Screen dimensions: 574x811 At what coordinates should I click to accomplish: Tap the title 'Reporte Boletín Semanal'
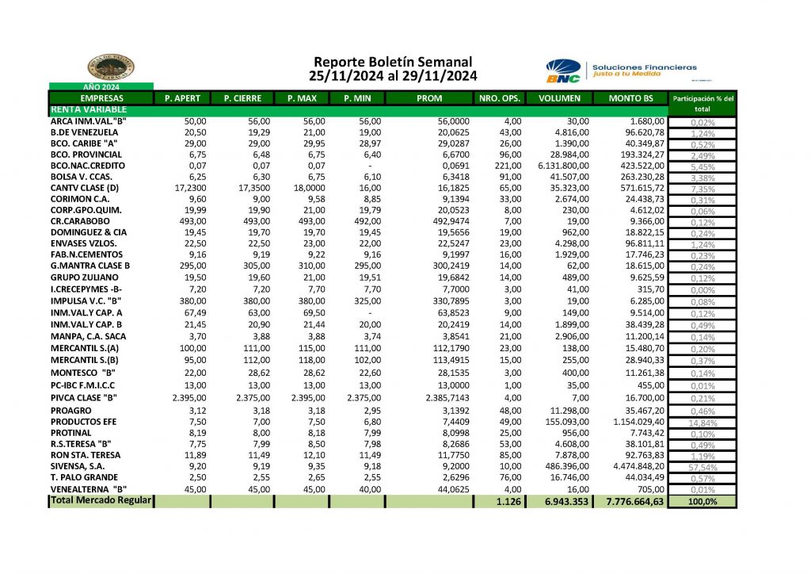(x=393, y=62)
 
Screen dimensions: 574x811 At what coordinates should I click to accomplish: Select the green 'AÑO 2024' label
(x=101, y=86)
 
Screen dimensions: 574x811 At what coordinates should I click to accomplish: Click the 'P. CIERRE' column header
(x=242, y=98)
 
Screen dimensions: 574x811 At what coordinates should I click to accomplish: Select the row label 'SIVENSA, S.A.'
(x=80, y=467)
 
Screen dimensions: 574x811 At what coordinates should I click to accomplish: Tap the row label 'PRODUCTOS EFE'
(x=83, y=422)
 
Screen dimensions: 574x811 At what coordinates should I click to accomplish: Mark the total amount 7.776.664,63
(x=634, y=502)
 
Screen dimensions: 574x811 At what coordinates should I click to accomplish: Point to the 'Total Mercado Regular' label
(x=102, y=500)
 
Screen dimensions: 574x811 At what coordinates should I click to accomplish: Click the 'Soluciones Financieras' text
(x=644, y=67)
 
